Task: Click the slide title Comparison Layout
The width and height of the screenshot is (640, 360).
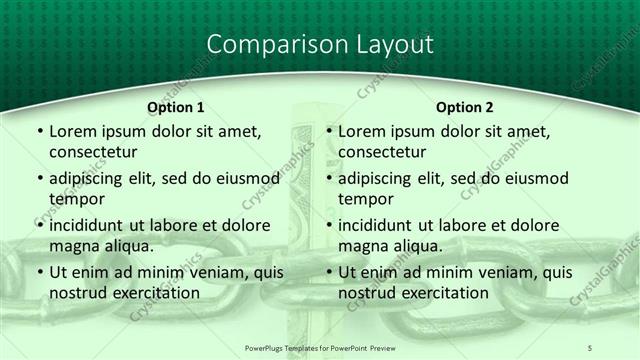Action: click(x=320, y=45)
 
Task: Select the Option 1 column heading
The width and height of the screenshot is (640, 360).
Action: click(x=176, y=107)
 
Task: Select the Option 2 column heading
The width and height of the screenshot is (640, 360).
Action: click(x=465, y=107)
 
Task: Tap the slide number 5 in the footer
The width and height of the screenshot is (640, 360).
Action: click(x=590, y=347)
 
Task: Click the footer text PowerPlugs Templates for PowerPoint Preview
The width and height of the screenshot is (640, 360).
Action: click(x=320, y=347)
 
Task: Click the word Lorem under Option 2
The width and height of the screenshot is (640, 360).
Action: click(x=361, y=131)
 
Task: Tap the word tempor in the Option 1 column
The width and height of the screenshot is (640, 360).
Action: click(x=75, y=200)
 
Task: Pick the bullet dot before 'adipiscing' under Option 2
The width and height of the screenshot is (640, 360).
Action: click(x=328, y=179)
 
